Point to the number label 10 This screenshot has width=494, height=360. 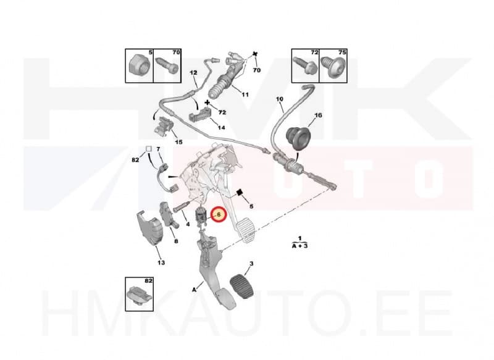[x=279, y=99]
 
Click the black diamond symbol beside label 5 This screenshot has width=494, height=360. [x=238, y=192]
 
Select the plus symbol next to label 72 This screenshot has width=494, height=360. [x=207, y=103]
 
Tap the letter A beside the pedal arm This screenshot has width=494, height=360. [x=195, y=288]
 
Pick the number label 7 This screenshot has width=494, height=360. [x=158, y=149]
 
